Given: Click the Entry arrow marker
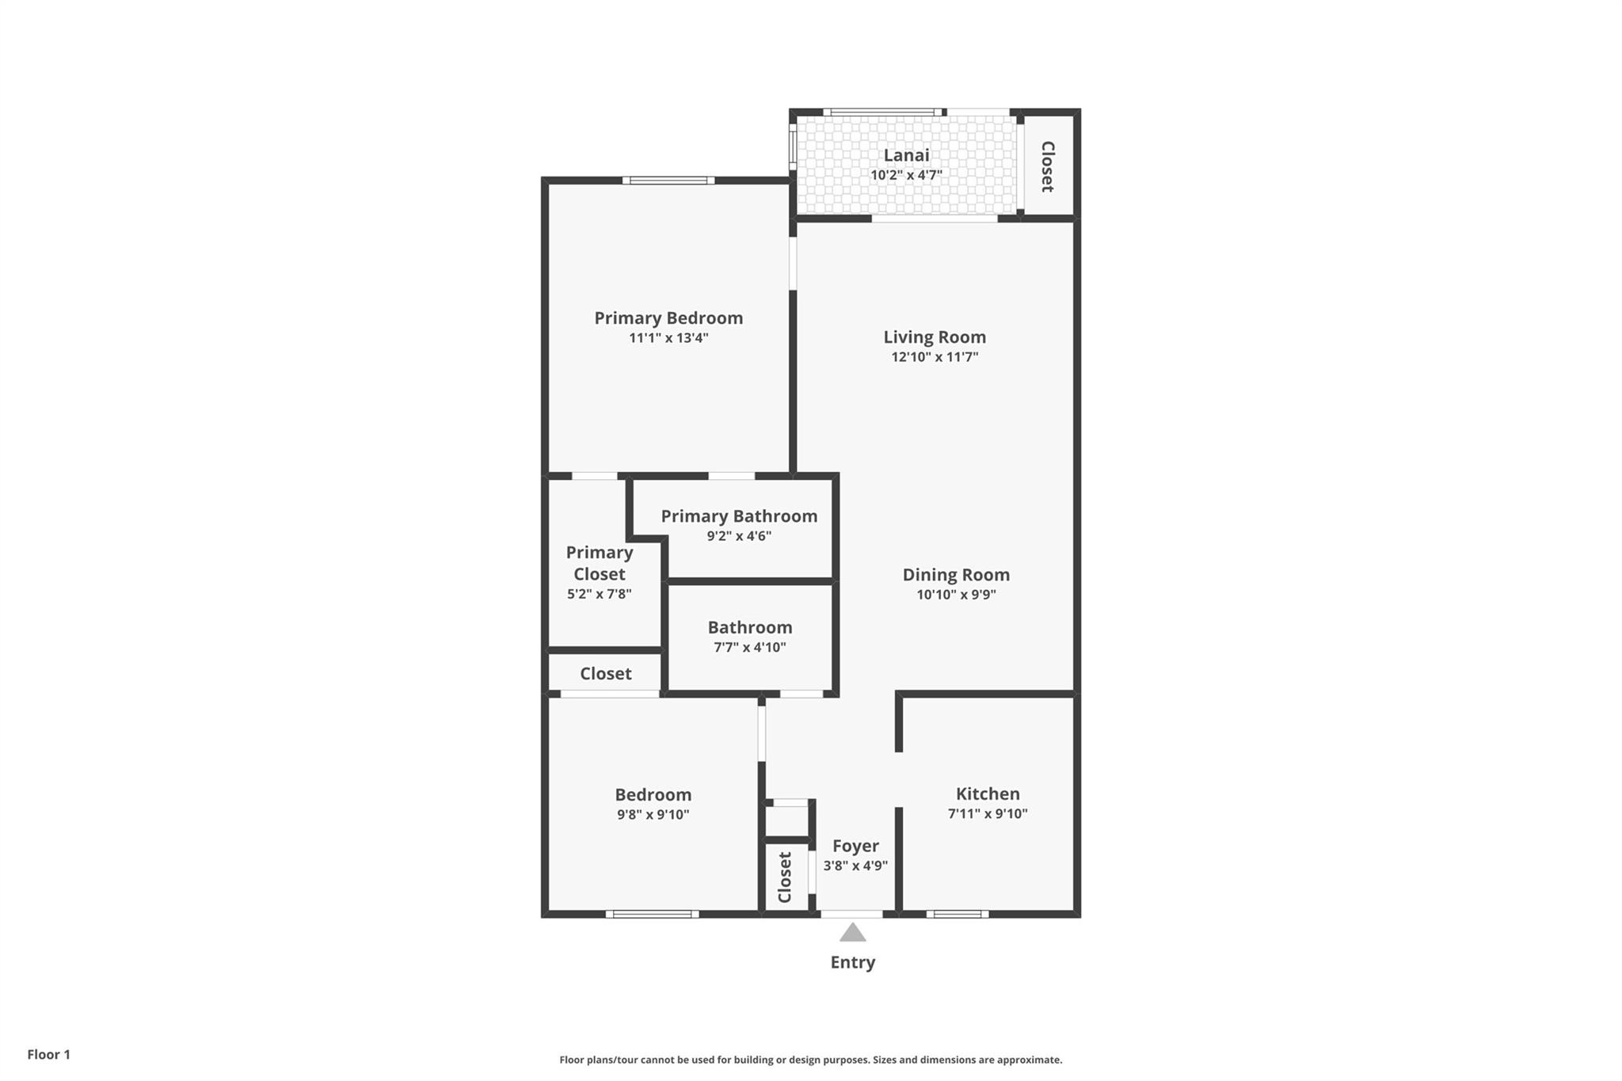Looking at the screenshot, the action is (852, 932).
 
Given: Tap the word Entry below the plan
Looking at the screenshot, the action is (852, 962).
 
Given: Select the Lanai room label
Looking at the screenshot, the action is (906, 155).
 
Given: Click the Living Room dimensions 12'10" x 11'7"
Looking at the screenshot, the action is (935, 357).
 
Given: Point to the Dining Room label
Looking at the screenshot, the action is (956, 575).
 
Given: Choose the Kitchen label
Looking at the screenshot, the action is (988, 794).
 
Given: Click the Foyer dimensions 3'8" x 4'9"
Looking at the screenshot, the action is (855, 866).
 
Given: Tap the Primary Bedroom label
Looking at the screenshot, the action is (668, 318).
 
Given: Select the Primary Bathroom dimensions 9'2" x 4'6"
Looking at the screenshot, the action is (739, 536).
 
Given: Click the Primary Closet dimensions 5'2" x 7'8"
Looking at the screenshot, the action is (599, 594).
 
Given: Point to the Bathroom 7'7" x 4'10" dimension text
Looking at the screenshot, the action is (749, 647).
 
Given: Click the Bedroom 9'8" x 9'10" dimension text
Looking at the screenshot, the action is (653, 815).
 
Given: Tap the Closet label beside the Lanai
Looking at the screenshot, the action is (1047, 166).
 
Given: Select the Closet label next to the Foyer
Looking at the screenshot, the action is (785, 877).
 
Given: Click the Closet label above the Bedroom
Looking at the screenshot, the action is (605, 674).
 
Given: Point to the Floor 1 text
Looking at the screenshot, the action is (48, 1054).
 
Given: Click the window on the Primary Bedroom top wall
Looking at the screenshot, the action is (668, 181).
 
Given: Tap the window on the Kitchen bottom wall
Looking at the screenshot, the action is (958, 914).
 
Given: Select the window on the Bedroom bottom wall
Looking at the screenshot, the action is (652, 914).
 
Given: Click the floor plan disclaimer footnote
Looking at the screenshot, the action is (811, 1060).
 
